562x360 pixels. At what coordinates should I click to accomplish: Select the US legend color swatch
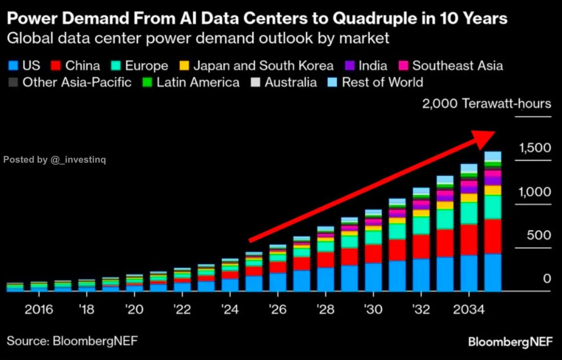[13, 66]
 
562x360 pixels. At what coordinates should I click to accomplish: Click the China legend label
[83, 66]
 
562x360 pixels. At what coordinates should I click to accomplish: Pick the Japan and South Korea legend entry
[263, 66]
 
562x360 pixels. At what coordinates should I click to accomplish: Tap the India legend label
[373, 66]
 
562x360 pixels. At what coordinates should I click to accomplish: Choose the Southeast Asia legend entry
[457, 66]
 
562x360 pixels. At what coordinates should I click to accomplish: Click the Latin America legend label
[198, 83]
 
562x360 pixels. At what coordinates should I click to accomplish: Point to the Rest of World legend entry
[382, 83]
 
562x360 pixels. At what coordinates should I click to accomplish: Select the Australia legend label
[290, 83]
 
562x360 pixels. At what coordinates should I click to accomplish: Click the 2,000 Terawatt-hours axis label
[486, 104]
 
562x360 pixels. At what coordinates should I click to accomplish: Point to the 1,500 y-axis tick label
[535, 148]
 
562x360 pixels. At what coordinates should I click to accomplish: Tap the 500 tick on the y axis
[539, 235]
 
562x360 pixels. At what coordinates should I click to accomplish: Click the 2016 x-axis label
[39, 310]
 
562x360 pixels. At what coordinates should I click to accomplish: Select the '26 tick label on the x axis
[277, 310]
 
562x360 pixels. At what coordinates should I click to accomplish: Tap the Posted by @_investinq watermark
[54, 160]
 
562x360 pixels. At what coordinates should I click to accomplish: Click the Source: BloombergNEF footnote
[75, 341]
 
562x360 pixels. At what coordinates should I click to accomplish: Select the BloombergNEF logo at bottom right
[510, 342]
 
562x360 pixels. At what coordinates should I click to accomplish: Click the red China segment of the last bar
[493, 236]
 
